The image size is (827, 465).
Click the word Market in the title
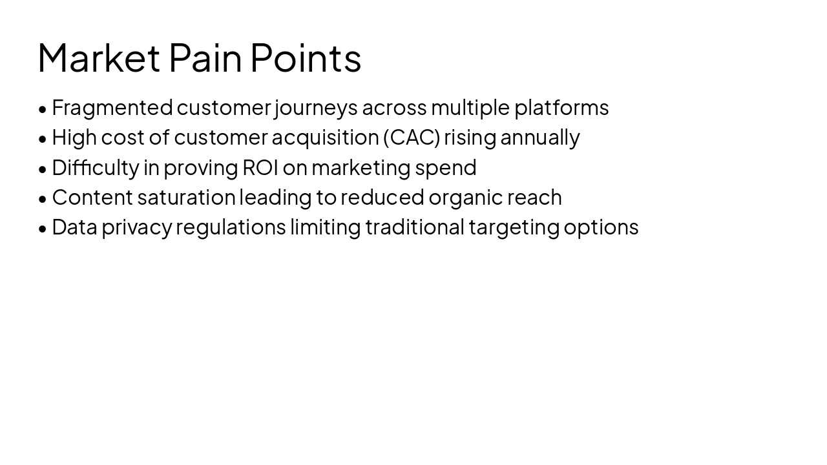(x=99, y=58)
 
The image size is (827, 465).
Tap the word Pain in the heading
(x=205, y=58)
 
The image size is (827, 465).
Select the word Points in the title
(x=306, y=58)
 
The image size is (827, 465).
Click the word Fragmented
(x=112, y=108)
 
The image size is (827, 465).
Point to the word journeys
(x=316, y=108)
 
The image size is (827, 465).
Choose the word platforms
(x=561, y=108)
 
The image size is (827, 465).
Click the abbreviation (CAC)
(x=412, y=138)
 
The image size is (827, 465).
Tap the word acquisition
(x=325, y=138)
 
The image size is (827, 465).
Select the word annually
(x=540, y=138)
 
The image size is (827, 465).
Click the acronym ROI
(x=260, y=167)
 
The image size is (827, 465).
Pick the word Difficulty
(x=96, y=167)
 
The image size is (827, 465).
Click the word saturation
(x=187, y=198)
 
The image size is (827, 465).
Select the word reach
(x=534, y=198)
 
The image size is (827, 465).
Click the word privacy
(x=137, y=227)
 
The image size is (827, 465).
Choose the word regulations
(x=231, y=227)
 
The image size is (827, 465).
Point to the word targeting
(x=514, y=227)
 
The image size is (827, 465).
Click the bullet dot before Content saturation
(x=43, y=199)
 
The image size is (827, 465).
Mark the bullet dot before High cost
(x=43, y=139)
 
